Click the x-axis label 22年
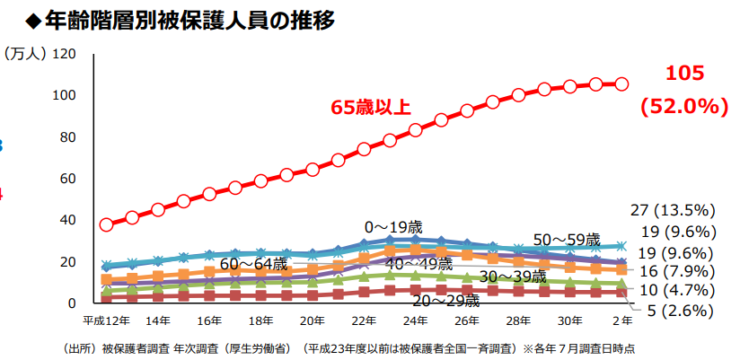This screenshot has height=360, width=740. pos(364,320)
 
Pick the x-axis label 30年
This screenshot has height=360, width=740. pos(569,320)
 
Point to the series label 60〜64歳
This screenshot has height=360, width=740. pos(254,263)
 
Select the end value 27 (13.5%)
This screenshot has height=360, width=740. pos(672,210)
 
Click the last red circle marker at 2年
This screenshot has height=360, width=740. pos(621,83)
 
